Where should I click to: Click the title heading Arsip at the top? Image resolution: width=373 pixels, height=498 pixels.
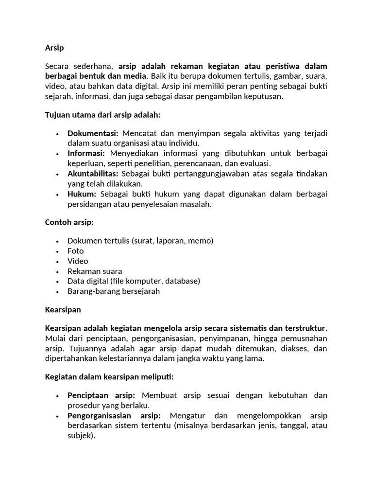click(x=54, y=48)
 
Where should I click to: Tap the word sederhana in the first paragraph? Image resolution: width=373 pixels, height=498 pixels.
click(x=95, y=66)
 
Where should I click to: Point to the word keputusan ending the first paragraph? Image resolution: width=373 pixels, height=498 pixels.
click(x=262, y=96)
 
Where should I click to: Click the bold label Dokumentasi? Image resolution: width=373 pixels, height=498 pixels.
click(x=93, y=133)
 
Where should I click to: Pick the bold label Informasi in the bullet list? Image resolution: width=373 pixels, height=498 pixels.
click(x=86, y=153)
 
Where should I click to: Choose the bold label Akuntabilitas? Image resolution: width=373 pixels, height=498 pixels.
click(x=93, y=174)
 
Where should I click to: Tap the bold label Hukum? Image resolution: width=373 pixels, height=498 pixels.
click(x=82, y=194)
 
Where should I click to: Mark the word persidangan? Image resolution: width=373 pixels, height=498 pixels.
click(x=89, y=204)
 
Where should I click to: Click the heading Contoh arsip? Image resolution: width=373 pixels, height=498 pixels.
click(x=69, y=222)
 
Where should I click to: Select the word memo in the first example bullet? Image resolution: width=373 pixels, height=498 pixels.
click(x=201, y=241)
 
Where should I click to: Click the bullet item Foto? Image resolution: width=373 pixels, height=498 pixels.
click(x=76, y=251)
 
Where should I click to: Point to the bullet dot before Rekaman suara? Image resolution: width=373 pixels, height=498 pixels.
click(x=57, y=271)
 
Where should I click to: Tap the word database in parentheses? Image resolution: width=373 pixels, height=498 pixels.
click(x=181, y=281)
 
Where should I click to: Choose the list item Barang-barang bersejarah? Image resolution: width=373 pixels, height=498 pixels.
click(x=114, y=291)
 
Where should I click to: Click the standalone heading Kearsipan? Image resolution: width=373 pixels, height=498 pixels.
click(x=63, y=309)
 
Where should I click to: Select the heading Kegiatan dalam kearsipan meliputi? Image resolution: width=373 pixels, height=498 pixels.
click(x=109, y=377)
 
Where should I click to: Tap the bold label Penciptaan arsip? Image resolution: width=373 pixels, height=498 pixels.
click(x=102, y=395)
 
